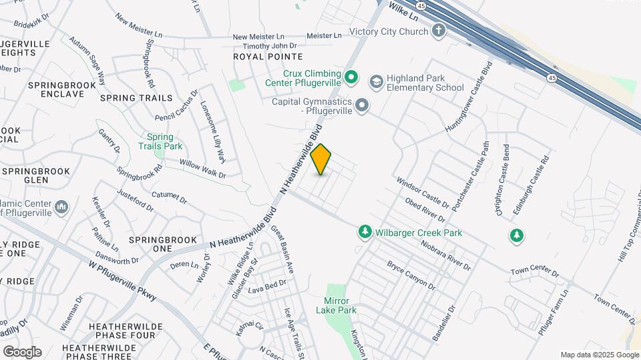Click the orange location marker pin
[321, 159]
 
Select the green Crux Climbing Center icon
[352, 78]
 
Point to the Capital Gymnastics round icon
[362, 105]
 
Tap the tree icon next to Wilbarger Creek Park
[365, 232]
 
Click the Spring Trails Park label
[160, 141]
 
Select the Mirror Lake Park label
[341, 306]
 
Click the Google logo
[22, 352]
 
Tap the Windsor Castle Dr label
[423, 191]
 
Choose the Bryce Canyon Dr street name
[411, 275]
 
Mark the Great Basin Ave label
[282, 249]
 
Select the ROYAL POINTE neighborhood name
[268, 57]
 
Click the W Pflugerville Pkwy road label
[122, 279]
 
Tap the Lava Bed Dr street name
[267, 287]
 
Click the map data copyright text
[599, 355]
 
